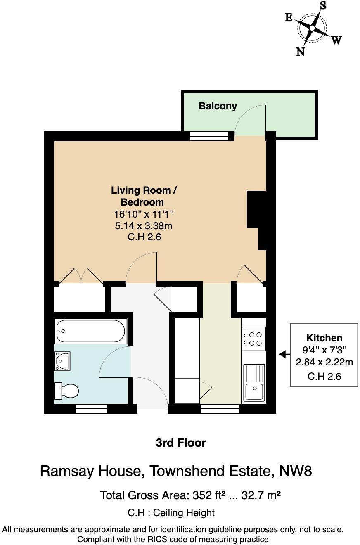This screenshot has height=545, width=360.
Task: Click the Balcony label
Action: click(x=218, y=106)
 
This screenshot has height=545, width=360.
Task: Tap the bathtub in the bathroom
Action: click(x=90, y=331)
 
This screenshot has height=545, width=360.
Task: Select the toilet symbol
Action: click(x=66, y=391)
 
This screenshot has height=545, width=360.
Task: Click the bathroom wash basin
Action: click(x=62, y=361)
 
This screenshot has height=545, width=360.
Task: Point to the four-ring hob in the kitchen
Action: click(x=254, y=339)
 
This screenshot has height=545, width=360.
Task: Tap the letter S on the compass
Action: click(x=323, y=6)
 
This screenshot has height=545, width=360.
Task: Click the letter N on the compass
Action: click(x=301, y=52)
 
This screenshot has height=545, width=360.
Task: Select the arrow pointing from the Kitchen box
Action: click(x=283, y=354)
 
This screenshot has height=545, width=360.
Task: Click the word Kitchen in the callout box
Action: click(x=324, y=338)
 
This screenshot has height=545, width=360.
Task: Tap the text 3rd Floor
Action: click(x=181, y=443)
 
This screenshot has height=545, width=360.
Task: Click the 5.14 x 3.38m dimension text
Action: click(x=144, y=226)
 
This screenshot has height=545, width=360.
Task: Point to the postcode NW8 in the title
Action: click(x=295, y=471)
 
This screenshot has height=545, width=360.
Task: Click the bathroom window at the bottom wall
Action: click(x=92, y=409)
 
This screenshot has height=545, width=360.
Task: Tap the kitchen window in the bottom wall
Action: click(x=220, y=409)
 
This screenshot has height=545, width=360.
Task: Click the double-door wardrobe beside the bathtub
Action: click(x=79, y=297)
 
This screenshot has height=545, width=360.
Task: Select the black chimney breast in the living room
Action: click(x=256, y=215)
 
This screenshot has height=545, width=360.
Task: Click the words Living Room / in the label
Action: click(x=144, y=190)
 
